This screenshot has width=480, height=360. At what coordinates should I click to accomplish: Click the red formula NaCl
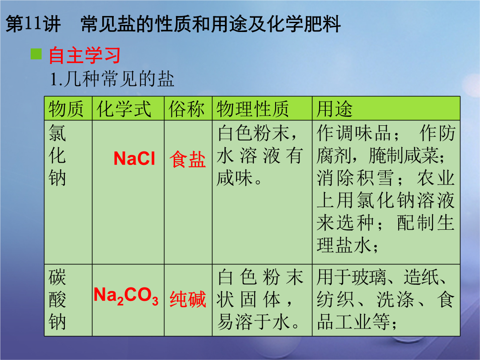pyautogui.click(x=134, y=159)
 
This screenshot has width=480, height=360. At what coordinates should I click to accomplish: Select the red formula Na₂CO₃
pyautogui.click(x=126, y=296)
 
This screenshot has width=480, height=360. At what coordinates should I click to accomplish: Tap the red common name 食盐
pyautogui.click(x=188, y=159)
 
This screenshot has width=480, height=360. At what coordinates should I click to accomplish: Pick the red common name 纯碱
pyautogui.click(x=188, y=299)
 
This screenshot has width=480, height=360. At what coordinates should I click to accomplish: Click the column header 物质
pyautogui.click(x=66, y=109)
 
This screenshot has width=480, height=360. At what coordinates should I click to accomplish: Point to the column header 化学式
pyautogui.click(x=124, y=109)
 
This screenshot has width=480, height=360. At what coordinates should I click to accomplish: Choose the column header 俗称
pyautogui.click(x=186, y=109)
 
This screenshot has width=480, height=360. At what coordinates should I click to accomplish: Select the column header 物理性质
pyautogui.click(x=252, y=109)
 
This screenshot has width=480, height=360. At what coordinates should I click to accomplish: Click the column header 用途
pyautogui.click(x=334, y=109)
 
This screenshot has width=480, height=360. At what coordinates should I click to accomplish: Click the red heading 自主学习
pyautogui.click(x=84, y=56)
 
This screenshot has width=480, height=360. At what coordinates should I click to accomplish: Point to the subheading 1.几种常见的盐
pyautogui.click(x=112, y=79)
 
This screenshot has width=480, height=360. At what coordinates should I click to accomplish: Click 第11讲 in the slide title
pyautogui.click(x=33, y=24)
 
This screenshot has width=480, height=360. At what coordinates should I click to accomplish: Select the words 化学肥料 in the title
pyautogui.click(x=304, y=24)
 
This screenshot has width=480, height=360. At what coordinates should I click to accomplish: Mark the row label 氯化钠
pyautogui.click(x=57, y=155)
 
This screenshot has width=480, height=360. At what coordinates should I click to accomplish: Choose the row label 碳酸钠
pyautogui.click(x=57, y=300)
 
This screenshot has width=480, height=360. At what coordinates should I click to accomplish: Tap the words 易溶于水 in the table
pyautogui.click(x=253, y=322)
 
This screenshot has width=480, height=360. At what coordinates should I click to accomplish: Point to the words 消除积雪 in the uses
pyautogui.click(x=355, y=178)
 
